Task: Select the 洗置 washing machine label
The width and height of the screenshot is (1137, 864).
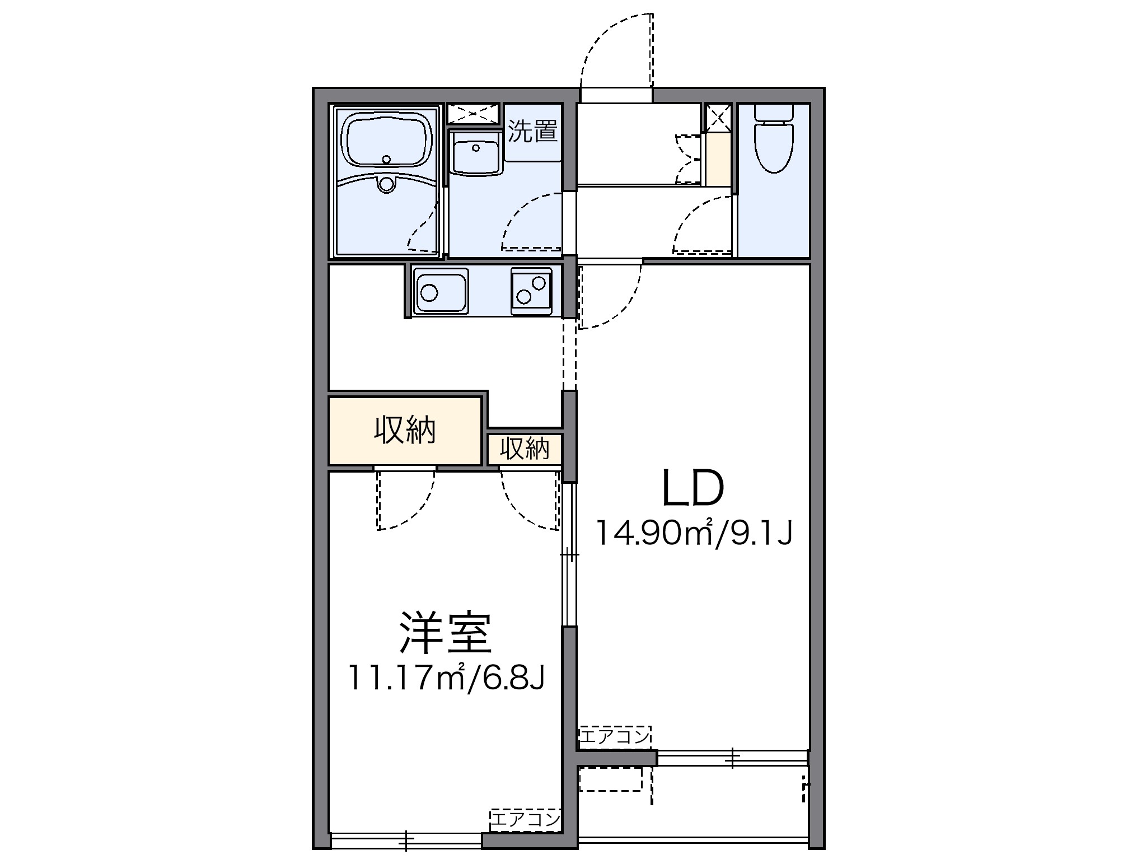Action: [x=532, y=132]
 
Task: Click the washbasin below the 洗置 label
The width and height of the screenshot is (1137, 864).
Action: [x=475, y=157]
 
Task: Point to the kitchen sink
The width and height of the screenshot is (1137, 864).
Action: [x=441, y=291]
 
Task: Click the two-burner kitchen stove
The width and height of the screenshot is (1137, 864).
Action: [x=531, y=291]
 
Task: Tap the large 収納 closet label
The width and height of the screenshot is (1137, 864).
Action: [x=405, y=431]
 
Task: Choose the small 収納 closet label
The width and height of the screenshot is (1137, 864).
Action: [x=524, y=449]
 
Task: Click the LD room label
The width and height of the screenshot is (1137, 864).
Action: [x=693, y=488]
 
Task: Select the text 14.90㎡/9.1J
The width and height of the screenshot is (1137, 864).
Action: [x=694, y=533]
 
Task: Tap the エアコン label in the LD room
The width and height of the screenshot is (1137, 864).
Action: [x=615, y=737]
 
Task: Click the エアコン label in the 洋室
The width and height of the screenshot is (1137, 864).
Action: [x=525, y=820]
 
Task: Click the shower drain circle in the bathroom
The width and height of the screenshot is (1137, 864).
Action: [x=386, y=184]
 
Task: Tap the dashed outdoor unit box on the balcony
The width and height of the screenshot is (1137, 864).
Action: [x=610, y=779]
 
